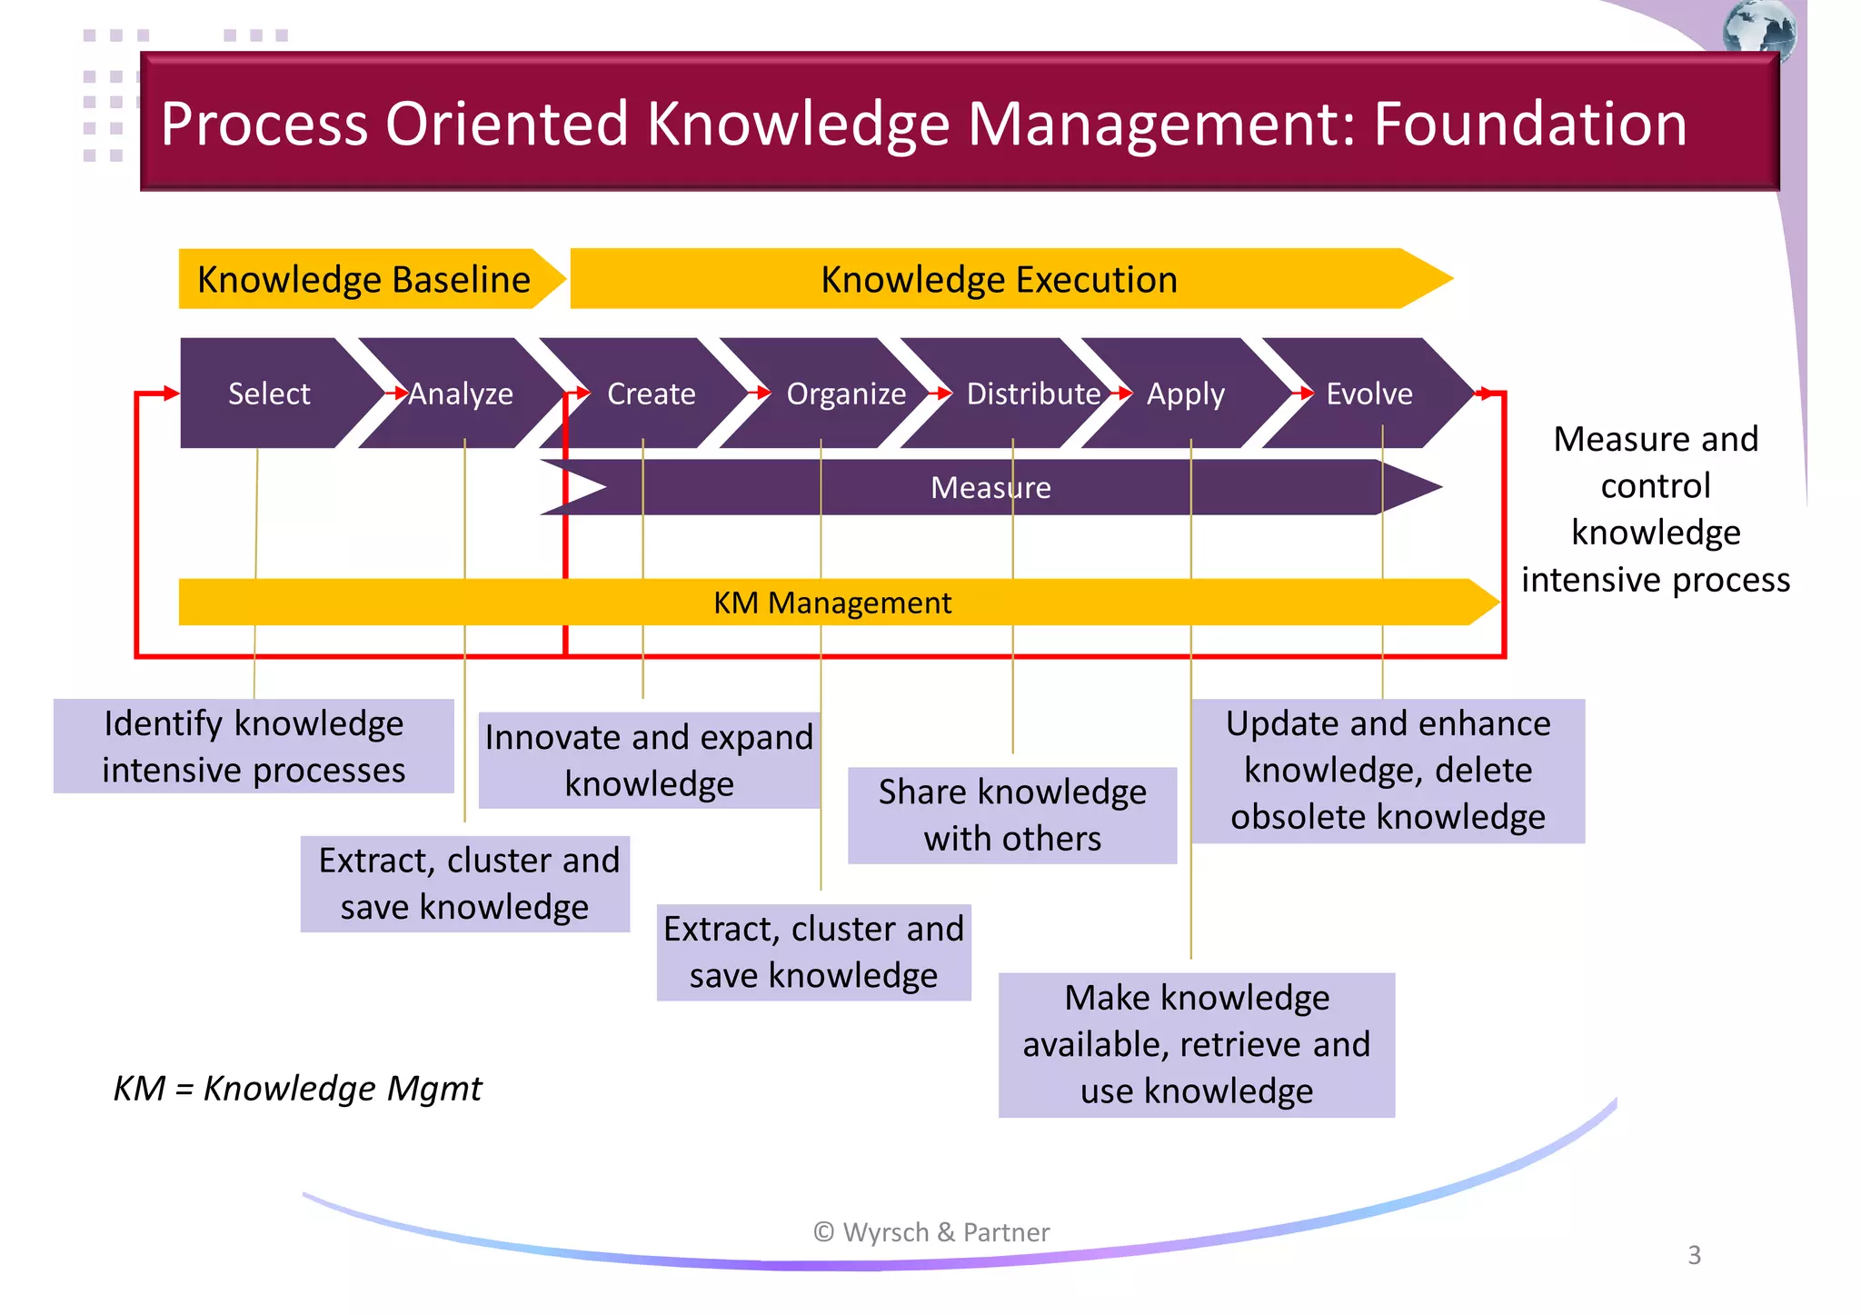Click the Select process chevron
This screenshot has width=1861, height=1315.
pos(269,394)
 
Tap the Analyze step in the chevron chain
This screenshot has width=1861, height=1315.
pos(461,394)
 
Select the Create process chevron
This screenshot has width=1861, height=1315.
pos(651,394)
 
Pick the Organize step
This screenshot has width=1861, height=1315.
pos(846,394)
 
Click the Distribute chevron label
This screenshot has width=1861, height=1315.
pos(1033,394)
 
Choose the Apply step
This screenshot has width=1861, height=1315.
pos(1185,394)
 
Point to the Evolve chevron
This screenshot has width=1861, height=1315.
pos(1369,394)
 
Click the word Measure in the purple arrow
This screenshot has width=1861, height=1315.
pos(990,488)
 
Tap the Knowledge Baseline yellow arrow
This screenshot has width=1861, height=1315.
pos(363,279)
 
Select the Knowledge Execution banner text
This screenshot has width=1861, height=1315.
pos(999,279)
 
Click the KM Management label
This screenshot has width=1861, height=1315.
pos(831,603)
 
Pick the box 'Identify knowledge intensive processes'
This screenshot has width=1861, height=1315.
pos(254,746)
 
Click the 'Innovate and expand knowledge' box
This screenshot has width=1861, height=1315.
pos(649,760)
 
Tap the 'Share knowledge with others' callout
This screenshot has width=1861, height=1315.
pos(1012,815)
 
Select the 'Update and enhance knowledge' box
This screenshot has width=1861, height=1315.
pos(1388,770)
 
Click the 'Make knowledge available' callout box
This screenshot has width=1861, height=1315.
pos(1196,1044)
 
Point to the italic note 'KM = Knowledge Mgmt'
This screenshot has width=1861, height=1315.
pos(297,1088)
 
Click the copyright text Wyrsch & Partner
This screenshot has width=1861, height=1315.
pos(931,1232)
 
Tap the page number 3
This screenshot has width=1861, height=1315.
pos(1694,1255)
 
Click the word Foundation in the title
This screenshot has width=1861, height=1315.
pos(1529,124)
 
